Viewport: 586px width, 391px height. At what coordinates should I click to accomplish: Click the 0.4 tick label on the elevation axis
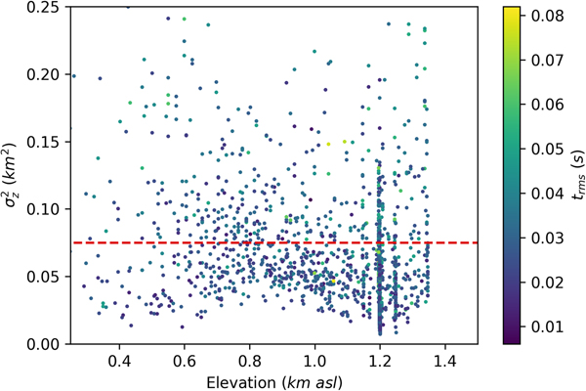tap(120, 360)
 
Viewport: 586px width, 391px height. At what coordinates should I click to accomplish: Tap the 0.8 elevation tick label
tap(250, 360)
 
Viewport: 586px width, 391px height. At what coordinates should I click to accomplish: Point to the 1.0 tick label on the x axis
tap(314, 360)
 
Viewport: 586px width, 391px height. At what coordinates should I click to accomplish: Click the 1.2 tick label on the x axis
tap(379, 360)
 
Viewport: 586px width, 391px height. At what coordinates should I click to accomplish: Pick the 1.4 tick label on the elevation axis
tap(444, 360)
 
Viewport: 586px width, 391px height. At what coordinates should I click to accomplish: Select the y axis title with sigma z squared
tap(14, 175)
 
